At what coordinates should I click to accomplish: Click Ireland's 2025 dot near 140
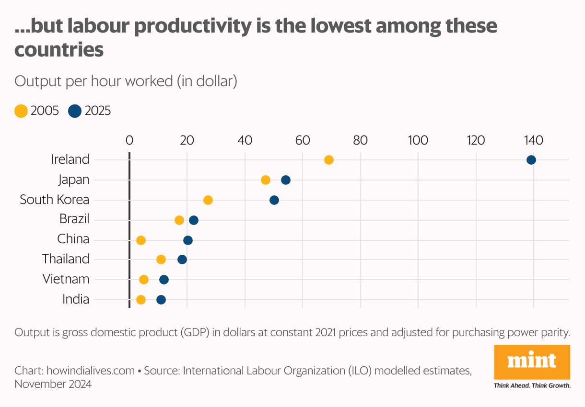point(531,160)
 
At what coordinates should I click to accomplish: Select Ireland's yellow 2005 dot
point(328,160)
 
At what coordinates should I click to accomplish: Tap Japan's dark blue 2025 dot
point(285,180)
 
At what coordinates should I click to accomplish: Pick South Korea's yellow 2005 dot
point(208,200)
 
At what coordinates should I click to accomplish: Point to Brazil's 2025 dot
point(193,220)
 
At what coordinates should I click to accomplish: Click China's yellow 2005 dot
point(140,240)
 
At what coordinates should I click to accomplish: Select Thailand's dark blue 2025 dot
point(182,260)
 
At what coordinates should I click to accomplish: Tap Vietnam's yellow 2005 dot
point(143,280)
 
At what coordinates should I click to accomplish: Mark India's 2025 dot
point(161,300)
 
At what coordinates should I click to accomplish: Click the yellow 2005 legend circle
point(21,111)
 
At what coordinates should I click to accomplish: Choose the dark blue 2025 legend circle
point(75,111)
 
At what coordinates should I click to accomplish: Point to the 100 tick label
point(418,140)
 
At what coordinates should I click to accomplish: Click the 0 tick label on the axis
point(129,140)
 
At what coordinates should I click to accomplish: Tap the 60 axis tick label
point(302,140)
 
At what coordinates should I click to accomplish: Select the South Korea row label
point(55,200)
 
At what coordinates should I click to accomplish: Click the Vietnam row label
point(66,279)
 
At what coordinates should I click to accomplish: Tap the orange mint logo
point(532,362)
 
